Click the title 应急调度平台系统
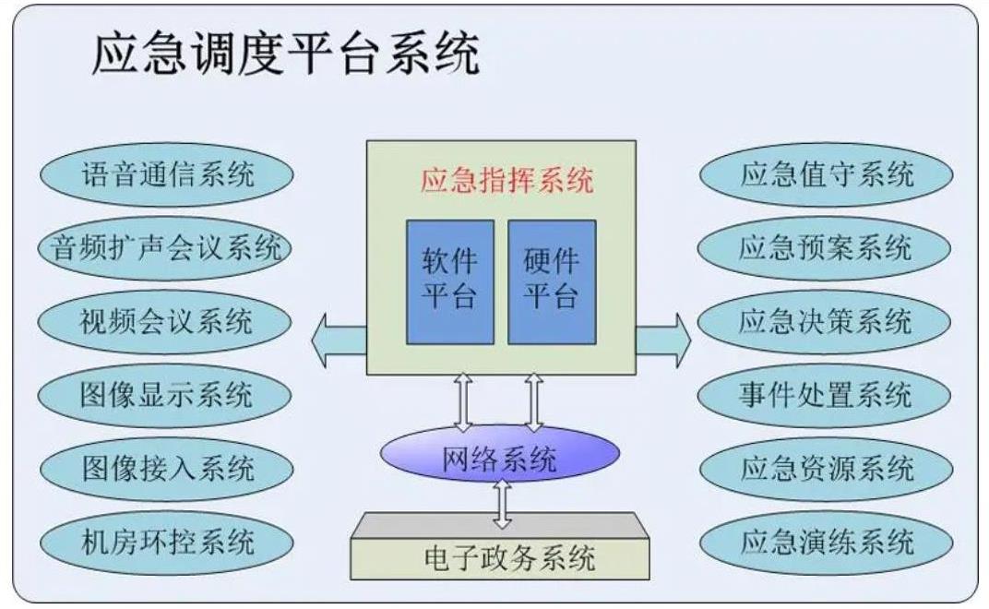point(286,54)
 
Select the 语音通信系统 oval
point(166,174)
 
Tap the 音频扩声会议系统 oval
point(164,247)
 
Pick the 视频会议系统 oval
point(164,321)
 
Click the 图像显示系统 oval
point(164,395)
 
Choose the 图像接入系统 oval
point(166,469)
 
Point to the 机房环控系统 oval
point(166,543)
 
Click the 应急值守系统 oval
point(827,174)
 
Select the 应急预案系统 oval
point(825,247)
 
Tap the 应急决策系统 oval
point(825,321)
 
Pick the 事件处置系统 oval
point(825,395)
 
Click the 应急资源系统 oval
point(827,469)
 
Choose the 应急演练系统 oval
point(827,543)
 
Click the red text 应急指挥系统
point(507,180)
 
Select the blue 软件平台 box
point(449,282)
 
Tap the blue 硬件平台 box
point(552,282)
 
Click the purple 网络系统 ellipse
point(499,454)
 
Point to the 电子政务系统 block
point(500,546)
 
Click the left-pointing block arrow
point(339,340)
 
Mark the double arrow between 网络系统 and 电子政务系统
point(502,504)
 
